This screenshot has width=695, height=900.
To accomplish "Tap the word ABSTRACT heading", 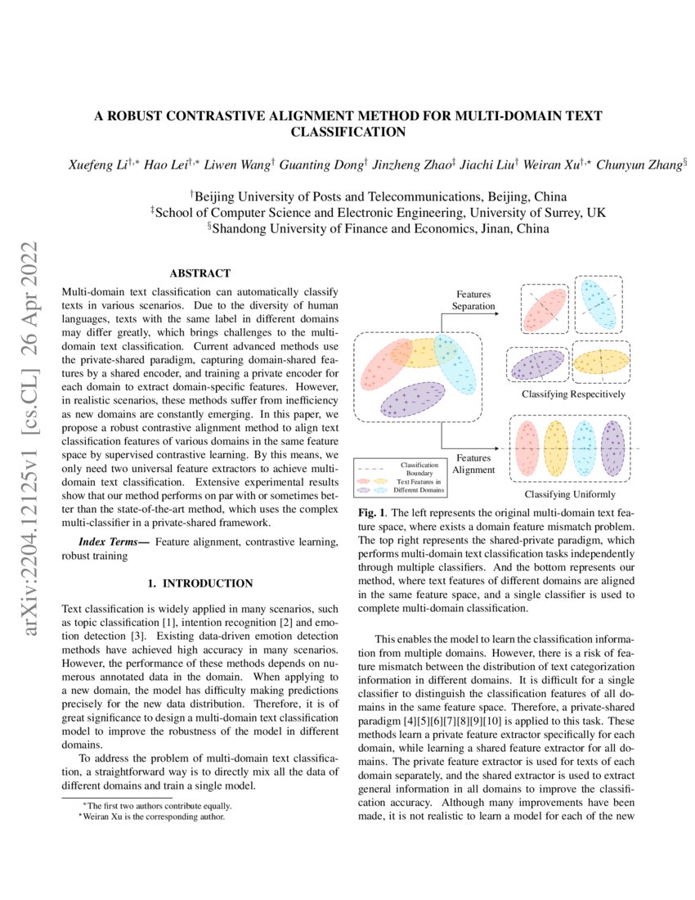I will (200, 273).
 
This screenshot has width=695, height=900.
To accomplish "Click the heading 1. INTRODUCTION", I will (200, 584).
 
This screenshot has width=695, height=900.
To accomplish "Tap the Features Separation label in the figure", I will (475, 299).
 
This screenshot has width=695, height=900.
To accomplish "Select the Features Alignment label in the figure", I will (475, 464).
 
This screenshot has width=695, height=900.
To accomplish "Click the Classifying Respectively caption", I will (574, 394).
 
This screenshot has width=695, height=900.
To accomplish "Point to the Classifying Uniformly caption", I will (570, 494).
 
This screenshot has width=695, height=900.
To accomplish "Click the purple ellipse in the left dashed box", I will (412, 399).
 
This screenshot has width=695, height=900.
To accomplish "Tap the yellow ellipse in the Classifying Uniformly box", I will (555, 448).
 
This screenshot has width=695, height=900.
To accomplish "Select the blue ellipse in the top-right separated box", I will (599, 304).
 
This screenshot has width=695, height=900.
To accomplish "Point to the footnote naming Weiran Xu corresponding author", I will (147, 816).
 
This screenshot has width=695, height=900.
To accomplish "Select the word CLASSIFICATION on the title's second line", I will (348, 131).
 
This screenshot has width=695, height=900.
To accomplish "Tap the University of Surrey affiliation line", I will (378, 212).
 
